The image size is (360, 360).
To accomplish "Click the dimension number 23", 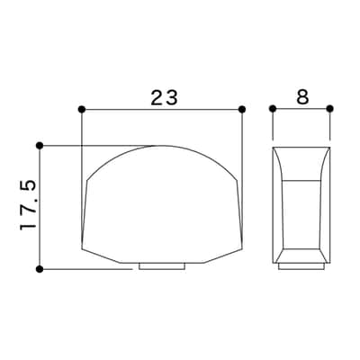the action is click(x=164, y=97).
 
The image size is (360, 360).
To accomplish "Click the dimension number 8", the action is click(x=302, y=97).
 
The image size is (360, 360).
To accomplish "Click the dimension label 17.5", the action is click(x=28, y=205).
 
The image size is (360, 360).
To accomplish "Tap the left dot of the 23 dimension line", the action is click(x=82, y=109).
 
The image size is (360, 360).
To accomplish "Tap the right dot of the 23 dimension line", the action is click(x=242, y=109).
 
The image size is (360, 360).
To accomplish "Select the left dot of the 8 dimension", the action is click(x=273, y=108).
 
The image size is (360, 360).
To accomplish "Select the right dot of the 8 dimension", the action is click(x=330, y=108).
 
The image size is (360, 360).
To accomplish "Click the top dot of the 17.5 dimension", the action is click(x=40, y=146).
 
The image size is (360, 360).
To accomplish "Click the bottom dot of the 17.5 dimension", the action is click(x=40, y=269).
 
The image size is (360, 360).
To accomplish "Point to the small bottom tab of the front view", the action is click(x=162, y=266).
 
